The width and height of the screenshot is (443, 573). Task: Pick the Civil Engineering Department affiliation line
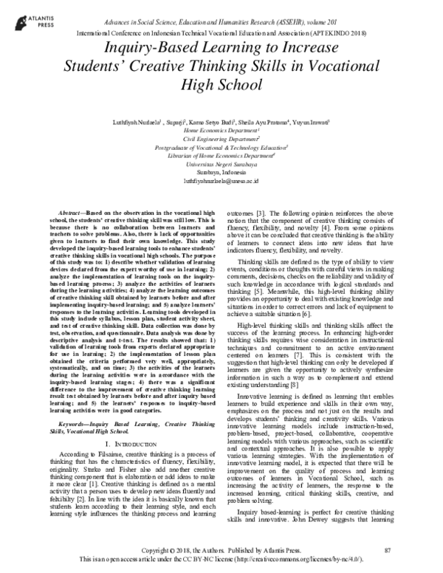(222, 137)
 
